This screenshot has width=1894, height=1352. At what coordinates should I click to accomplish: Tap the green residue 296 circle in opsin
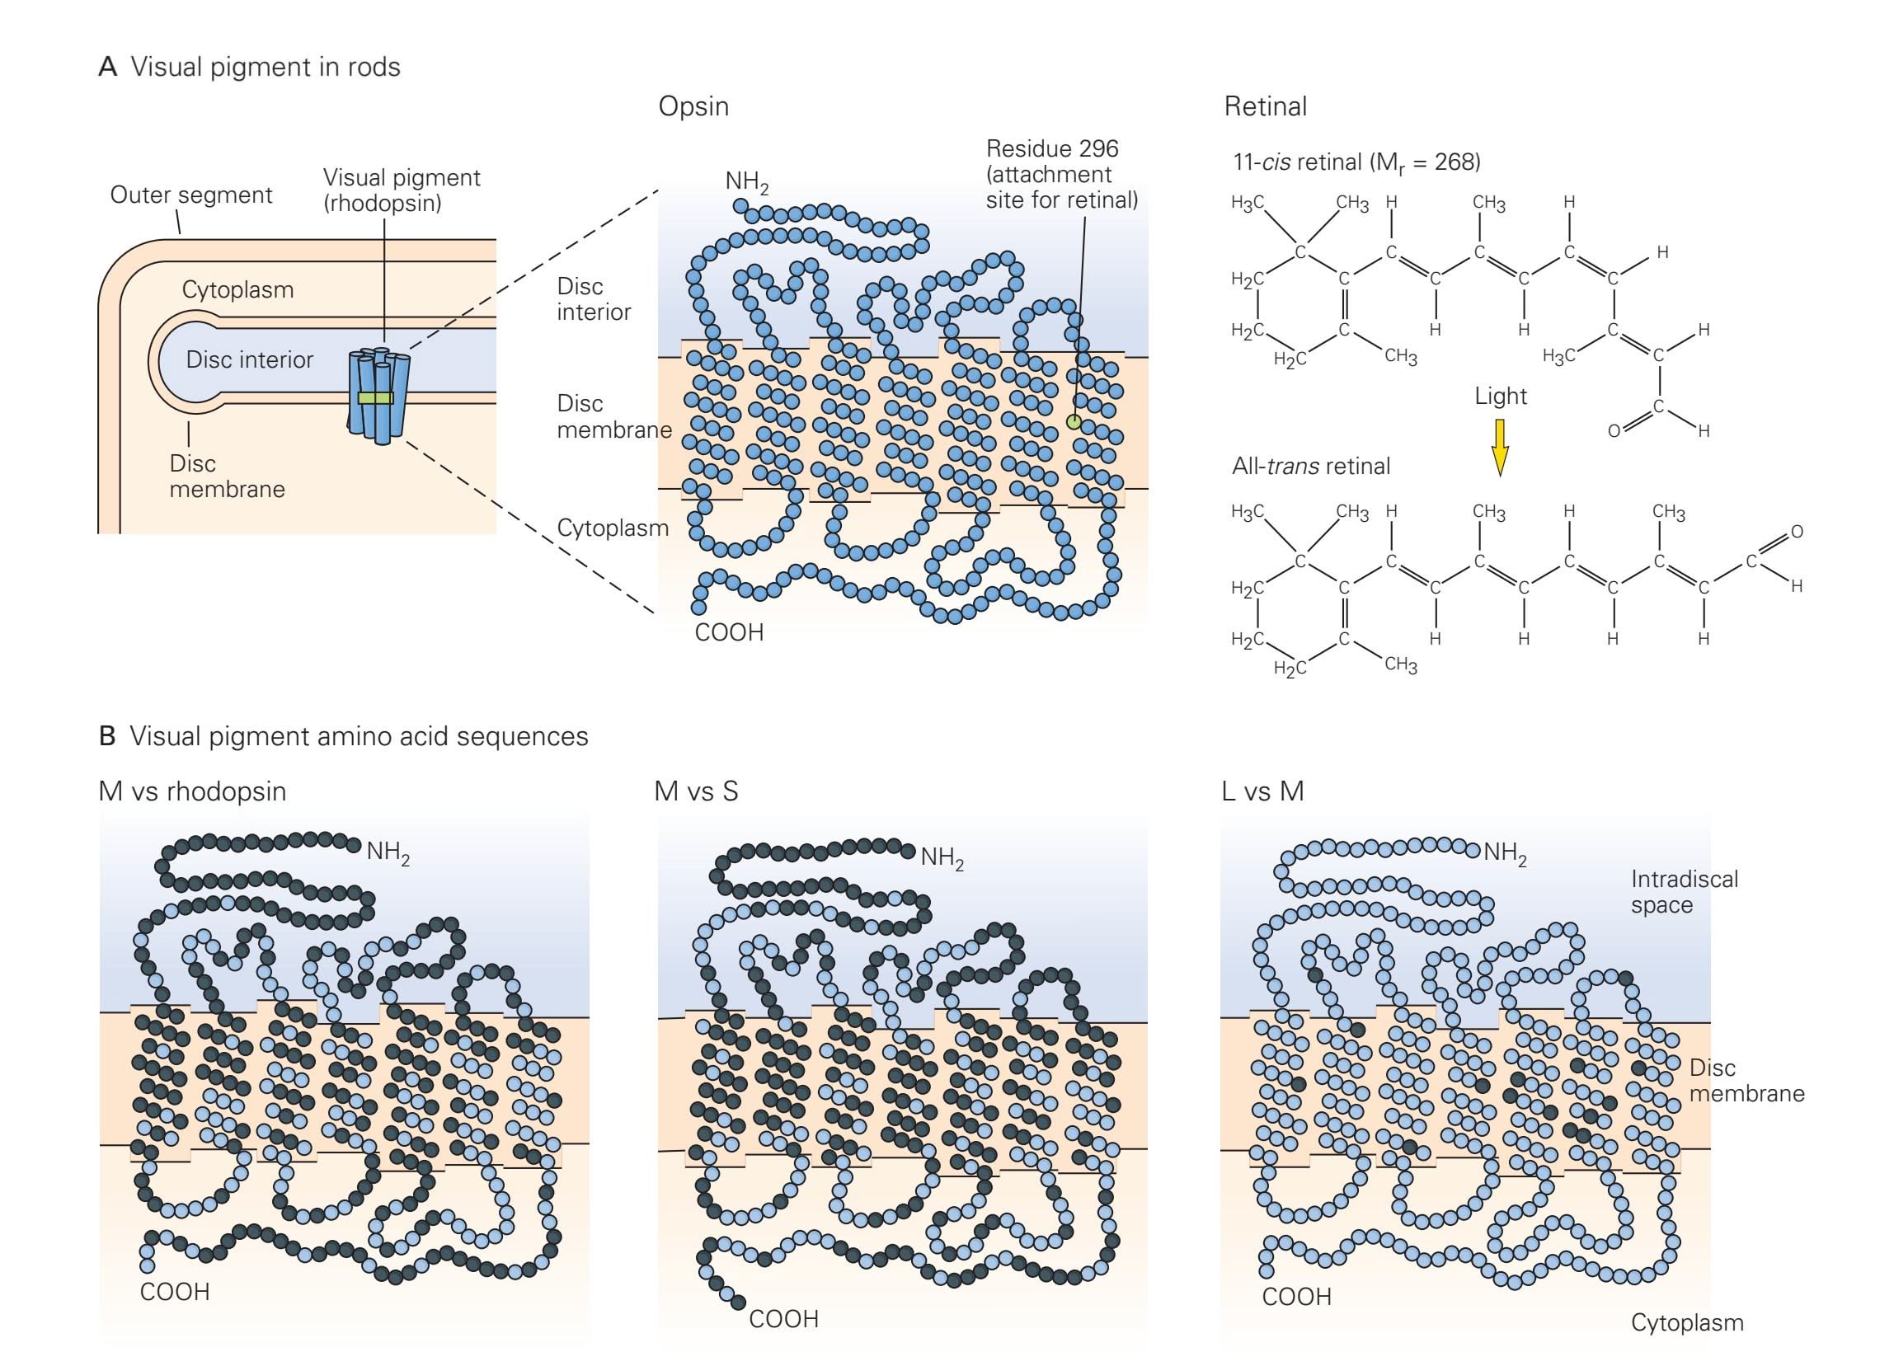(x=1074, y=422)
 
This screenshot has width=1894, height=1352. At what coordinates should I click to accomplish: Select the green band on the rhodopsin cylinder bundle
(x=375, y=398)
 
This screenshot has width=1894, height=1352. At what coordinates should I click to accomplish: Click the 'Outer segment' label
(x=190, y=195)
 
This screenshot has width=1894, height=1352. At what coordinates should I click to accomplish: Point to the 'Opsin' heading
(x=693, y=106)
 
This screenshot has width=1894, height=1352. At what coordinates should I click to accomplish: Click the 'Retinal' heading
(x=1266, y=106)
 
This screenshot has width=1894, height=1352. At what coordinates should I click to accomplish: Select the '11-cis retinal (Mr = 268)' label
(x=1356, y=162)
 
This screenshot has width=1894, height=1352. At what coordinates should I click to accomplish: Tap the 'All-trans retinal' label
(x=1310, y=466)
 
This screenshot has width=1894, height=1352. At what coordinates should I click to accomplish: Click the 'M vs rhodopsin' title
(x=192, y=791)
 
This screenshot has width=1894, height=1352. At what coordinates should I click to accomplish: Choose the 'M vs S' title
(x=696, y=791)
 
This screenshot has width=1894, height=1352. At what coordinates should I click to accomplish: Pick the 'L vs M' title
(x=1262, y=791)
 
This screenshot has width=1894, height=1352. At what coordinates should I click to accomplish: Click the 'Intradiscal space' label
(x=1684, y=892)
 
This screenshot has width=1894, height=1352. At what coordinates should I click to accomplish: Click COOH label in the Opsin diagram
(x=729, y=632)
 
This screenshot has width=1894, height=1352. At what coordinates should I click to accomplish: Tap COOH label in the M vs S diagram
(x=783, y=1319)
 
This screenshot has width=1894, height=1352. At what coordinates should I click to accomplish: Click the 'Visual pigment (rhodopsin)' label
(x=402, y=190)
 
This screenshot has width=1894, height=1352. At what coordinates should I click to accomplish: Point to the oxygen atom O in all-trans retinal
(x=1797, y=532)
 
